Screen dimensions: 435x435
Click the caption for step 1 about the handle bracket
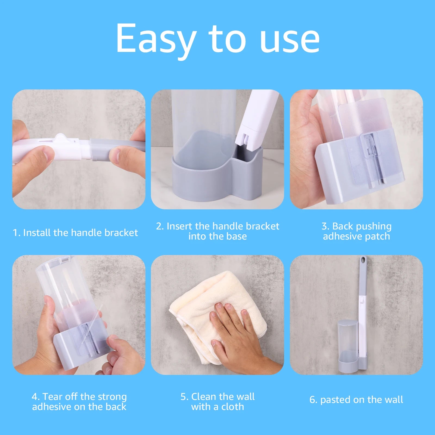click(x=75, y=233)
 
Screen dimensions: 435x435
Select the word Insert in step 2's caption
click(x=179, y=226)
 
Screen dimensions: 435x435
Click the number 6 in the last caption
click(x=312, y=400)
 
